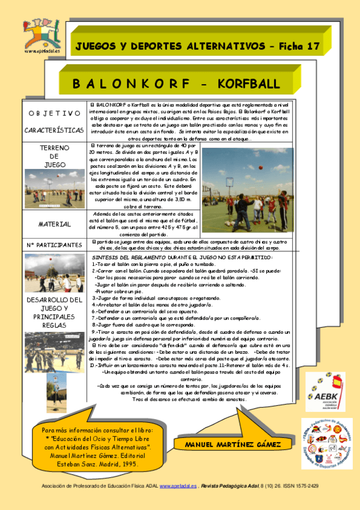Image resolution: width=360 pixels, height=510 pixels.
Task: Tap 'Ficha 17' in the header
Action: click(x=301, y=46)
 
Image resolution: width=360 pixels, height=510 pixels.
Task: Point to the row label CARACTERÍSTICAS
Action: click(x=54, y=130)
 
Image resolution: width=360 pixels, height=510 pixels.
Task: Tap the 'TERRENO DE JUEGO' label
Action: click(x=54, y=156)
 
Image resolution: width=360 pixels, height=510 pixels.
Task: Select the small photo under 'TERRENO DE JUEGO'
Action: click(x=54, y=188)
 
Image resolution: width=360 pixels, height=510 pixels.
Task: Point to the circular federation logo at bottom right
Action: click(x=326, y=444)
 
